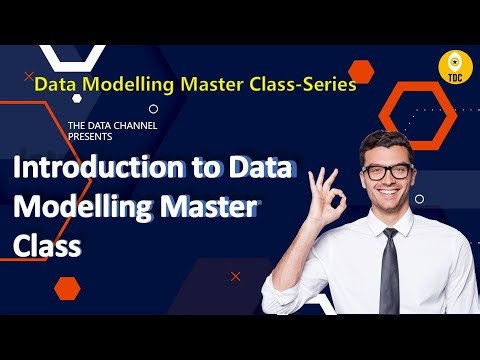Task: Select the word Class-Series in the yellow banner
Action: [308, 85]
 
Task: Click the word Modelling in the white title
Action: [76, 207]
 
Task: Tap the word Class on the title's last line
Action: [46, 246]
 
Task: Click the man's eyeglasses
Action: [387, 171]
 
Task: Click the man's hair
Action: [385, 142]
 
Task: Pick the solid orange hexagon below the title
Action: [67, 289]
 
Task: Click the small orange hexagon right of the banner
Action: [363, 71]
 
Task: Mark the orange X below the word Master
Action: [236, 275]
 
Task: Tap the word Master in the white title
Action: [206, 207]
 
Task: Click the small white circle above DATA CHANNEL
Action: [153, 109]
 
